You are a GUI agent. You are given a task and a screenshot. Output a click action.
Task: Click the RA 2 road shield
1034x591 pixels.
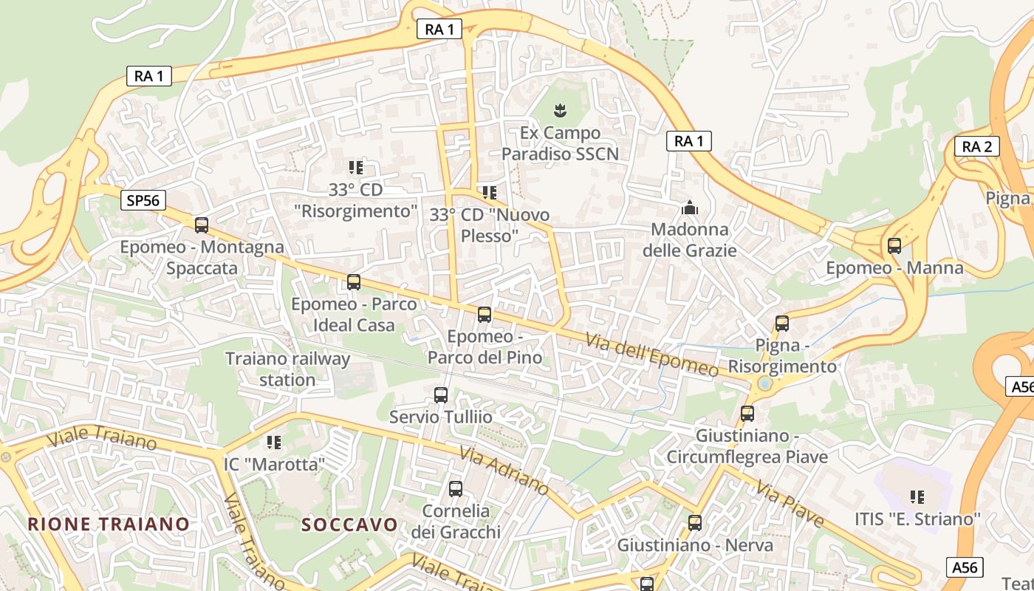tap(976, 146)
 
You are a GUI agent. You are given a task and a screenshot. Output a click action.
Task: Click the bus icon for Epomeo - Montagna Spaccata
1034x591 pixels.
tap(201, 225)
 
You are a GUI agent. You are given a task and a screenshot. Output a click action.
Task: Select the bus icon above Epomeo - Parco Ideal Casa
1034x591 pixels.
tap(354, 282)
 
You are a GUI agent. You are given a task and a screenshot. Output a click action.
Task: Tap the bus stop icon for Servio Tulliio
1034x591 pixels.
tap(441, 395)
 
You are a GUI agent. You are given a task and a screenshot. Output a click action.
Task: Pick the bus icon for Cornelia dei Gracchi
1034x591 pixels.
tap(456, 489)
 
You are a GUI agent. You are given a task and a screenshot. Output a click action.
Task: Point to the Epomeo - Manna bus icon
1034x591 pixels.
tap(894, 246)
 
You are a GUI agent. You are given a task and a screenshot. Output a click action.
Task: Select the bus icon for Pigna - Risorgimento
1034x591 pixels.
tap(782, 324)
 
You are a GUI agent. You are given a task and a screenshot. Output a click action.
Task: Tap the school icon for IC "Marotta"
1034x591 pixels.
tap(274, 443)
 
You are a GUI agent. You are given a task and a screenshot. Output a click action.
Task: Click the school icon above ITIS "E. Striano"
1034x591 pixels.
tap(917, 497)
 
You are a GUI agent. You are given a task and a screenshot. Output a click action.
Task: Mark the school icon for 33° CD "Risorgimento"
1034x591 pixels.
tap(356, 168)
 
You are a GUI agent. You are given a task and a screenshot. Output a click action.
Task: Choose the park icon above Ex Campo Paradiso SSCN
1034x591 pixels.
tap(560, 112)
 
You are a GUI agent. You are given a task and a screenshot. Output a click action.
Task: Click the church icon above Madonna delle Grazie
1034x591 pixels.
tap(690, 208)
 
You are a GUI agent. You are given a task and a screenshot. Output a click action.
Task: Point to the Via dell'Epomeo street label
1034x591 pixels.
tap(651, 355)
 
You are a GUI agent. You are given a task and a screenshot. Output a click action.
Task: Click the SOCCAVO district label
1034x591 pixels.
tap(349, 525)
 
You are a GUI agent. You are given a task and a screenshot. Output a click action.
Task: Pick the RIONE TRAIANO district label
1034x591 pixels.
tap(109, 524)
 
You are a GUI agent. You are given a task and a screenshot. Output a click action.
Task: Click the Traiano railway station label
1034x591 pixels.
tap(287, 369)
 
